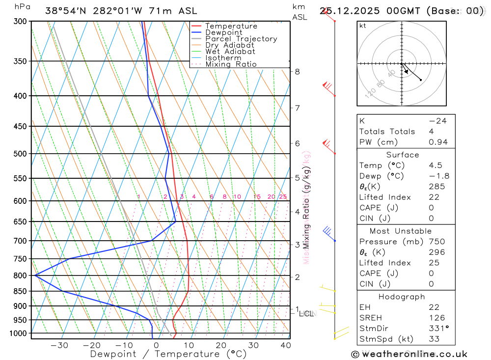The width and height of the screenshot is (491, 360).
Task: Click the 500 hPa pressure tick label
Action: (20, 154)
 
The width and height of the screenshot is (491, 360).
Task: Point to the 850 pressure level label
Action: (20, 291)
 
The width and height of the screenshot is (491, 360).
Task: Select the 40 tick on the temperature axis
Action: (285, 345)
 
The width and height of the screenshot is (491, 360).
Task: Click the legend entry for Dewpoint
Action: (223, 32)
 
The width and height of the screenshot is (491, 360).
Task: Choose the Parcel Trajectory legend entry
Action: (241, 39)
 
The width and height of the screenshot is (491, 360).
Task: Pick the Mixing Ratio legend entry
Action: (231, 64)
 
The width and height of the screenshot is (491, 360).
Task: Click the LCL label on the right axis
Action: (306, 313)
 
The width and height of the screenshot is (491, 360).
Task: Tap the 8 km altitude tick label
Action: (297, 71)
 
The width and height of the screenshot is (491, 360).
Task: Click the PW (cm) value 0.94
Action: (438, 142)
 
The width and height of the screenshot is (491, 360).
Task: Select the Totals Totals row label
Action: (387, 131)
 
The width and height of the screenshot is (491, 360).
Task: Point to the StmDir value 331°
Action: (438, 328)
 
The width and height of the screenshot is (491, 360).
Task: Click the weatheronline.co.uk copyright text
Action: (409, 354)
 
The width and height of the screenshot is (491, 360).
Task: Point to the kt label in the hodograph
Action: (363, 26)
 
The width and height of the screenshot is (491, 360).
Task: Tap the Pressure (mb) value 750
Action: (436, 242)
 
